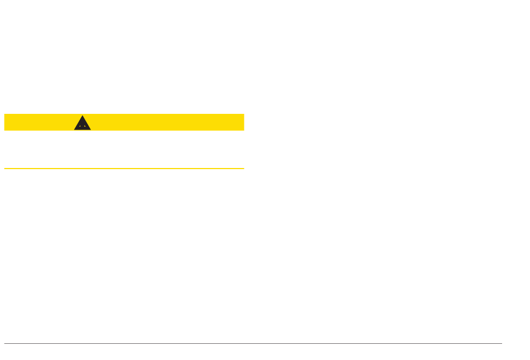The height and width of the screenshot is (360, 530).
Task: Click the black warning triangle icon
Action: tap(83, 124)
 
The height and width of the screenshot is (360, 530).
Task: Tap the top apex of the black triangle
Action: tap(83, 116)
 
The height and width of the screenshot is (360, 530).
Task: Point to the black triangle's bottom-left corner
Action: tap(74, 130)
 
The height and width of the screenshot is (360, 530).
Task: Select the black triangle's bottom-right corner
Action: tap(91, 130)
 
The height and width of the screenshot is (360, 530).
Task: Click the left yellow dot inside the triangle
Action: tap(80, 126)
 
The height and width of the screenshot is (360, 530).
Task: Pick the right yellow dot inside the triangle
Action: tap(85, 126)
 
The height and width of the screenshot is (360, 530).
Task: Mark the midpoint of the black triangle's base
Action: tap(83, 130)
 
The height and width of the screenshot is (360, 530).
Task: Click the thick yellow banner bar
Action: tap(167, 122)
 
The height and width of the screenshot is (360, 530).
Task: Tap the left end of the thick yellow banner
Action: tap(5, 122)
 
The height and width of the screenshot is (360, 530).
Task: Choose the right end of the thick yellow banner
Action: tap(244, 122)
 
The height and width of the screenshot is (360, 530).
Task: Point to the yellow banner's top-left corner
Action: tap(4, 114)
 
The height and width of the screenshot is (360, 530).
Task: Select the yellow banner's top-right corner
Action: tap(244, 114)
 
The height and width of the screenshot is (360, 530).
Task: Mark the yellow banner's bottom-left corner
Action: tap(4, 130)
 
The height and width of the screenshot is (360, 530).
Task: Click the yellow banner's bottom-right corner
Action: tap(244, 130)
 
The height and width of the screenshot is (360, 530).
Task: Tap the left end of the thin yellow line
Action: tap(4, 168)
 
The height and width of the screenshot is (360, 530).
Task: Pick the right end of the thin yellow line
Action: tap(244, 168)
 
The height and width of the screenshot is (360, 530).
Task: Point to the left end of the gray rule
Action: tap(4, 343)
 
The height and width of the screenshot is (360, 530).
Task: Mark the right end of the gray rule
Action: tap(502, 343)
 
